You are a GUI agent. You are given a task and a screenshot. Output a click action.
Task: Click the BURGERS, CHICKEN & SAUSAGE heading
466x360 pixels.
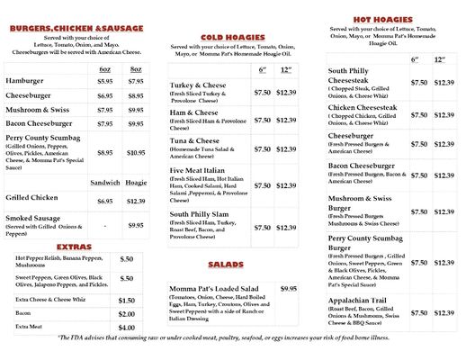(76, 28)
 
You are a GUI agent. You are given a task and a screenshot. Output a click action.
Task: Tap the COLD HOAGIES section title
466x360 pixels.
(226, 37)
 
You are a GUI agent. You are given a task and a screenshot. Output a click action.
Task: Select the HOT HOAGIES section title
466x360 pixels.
(382, 19)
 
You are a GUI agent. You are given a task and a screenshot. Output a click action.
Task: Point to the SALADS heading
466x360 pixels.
(226, 265)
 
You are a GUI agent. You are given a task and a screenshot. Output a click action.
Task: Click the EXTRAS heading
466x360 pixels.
(74, 246)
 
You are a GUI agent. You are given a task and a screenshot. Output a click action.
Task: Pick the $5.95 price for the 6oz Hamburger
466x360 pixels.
(105, 81)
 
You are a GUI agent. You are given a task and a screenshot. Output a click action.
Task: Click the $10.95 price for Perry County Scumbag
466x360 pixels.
(136, 153)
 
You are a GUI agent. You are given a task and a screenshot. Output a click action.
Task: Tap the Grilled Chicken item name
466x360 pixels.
(31, 197)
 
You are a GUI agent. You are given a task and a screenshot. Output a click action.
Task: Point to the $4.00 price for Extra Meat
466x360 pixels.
(127, 328)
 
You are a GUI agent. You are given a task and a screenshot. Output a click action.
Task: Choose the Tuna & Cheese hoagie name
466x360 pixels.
(194, 141)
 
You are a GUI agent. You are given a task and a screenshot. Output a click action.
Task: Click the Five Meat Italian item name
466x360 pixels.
(200, 170)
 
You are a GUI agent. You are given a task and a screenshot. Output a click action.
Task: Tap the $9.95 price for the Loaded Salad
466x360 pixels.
(288, 288)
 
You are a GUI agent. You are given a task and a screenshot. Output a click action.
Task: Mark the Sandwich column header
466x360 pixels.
(105, 183)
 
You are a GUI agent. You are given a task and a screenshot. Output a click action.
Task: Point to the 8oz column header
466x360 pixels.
(136, 68)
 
